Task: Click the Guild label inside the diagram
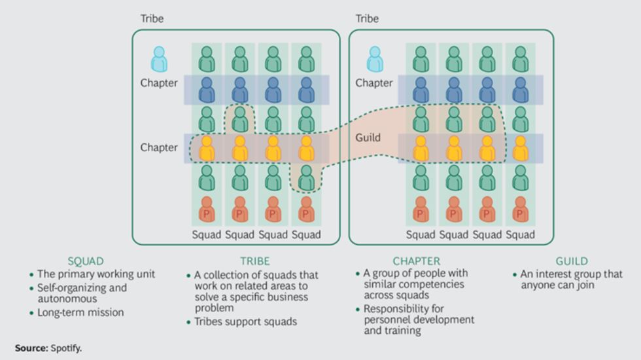pos(368,138)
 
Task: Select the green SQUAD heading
pos(86,261)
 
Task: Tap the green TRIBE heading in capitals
pos(254,261)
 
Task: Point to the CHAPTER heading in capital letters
pos(416,261)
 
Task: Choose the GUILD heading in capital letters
pos(572,261)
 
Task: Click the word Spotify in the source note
pos(66,348)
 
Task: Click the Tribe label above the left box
pos(152,18)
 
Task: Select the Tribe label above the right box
pos(367,18)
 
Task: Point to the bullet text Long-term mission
pos(80,312)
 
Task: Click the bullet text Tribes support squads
pos(245,321)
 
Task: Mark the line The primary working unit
pos(96,274)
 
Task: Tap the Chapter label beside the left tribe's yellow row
pos(158,147)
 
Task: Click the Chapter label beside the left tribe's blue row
pos(158,83)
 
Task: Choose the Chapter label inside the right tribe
pos(373,83)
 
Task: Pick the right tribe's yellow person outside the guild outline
pos(521,149)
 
